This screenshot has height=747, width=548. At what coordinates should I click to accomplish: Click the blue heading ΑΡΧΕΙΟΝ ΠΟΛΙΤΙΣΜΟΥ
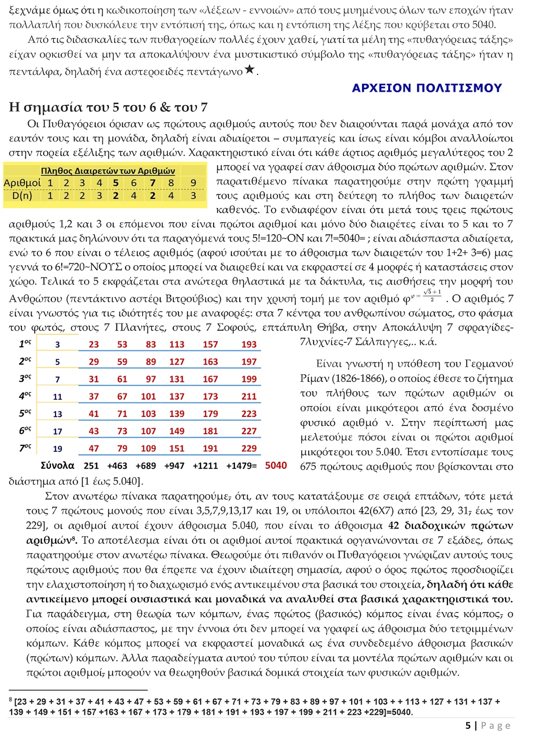427,88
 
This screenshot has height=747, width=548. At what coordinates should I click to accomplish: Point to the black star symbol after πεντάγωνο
250,70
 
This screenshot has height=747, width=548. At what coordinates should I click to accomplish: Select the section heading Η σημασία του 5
108,107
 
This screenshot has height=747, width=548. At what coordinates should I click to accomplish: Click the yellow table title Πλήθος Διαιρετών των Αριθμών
107,171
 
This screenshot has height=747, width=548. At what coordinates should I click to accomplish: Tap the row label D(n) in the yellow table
22,195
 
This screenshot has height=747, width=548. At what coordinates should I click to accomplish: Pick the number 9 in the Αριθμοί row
193,183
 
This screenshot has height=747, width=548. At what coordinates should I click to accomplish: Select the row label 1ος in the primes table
25,344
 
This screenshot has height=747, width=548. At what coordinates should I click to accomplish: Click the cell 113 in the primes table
177,345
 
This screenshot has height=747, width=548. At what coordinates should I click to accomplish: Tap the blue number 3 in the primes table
57,345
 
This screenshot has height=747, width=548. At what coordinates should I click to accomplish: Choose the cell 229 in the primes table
249,448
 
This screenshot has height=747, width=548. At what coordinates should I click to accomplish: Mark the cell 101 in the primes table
148,396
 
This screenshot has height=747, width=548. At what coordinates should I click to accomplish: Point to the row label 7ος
25,448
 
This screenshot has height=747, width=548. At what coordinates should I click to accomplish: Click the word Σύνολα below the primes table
57,465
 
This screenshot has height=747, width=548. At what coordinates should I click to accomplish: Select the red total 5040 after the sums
276,465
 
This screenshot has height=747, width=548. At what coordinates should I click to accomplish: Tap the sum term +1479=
241,465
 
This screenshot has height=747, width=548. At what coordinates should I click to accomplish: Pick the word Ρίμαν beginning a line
314,379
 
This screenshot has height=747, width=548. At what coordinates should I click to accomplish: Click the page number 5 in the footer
468,726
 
